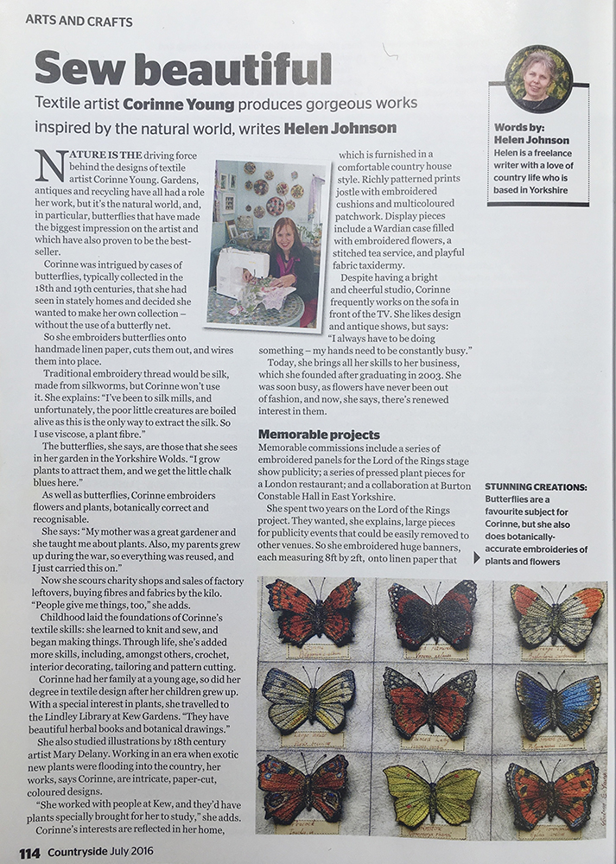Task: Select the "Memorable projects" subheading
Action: coord(319,434)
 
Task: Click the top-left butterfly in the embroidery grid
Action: coord(312,608)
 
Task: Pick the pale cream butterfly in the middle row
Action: coord(308,699)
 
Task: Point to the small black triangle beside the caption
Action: coord(479,557)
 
